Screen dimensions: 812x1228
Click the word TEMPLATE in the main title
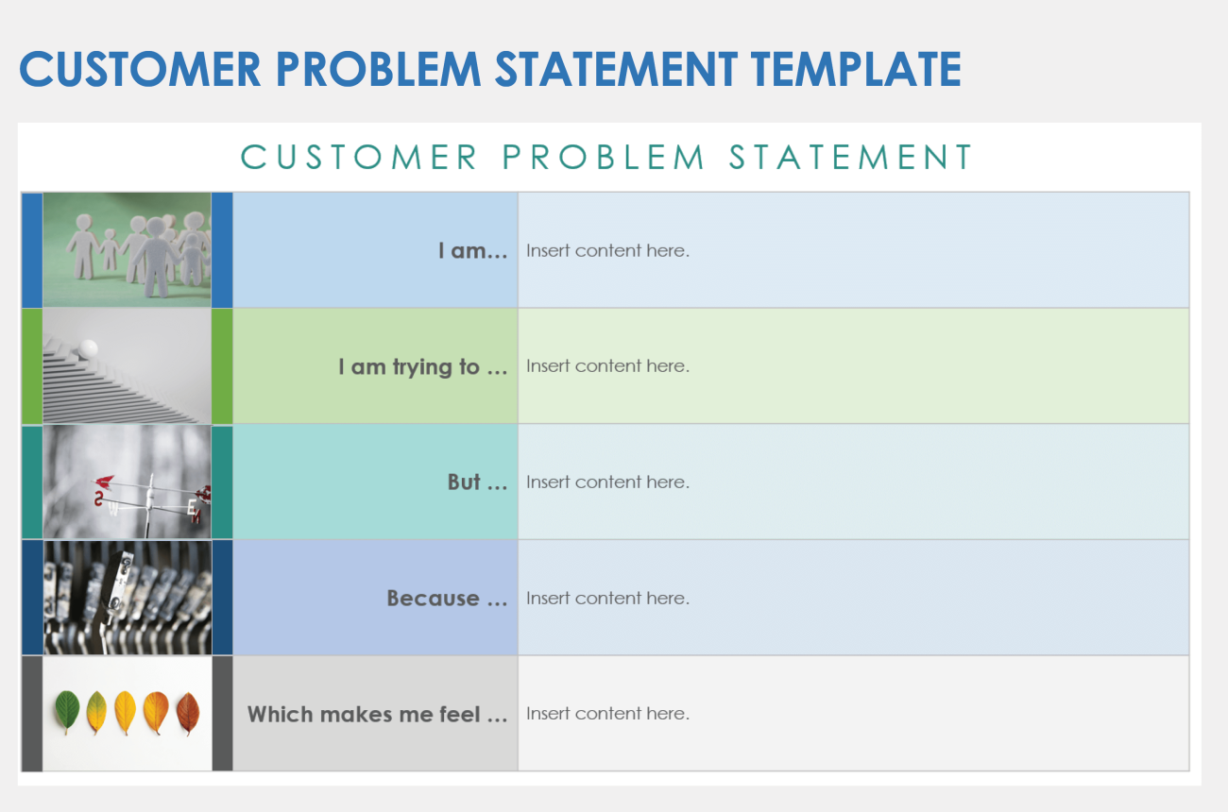click(x=856, y=70)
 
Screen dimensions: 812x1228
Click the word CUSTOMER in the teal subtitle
click(x=359, y=158)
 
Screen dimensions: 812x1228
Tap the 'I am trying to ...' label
click(x=422, y=366)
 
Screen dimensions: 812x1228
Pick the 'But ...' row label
click(x=477, y=482)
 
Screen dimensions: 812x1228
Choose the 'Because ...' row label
click(x=447, y=598)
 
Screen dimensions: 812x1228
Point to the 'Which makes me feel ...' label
click(x=377, y=714)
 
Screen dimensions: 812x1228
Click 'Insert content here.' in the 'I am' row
click(x=607, y=251)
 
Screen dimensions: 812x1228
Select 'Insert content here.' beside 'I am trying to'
click(x=607, y=366)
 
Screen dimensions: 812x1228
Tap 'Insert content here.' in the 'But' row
click(x=607, y=482)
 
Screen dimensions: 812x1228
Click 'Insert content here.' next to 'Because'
click(x=607, y=598)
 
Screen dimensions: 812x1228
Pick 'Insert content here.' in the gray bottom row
click(x=607, y=714)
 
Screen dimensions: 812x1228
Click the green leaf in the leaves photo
click(x=67, y=712)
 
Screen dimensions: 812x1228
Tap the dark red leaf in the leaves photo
click(x=188, y=713)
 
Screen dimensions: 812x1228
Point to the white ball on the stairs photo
click(x=88, y=348)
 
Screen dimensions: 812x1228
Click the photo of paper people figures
click(x=127, y=250)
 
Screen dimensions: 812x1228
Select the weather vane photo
click(x=127, y=482)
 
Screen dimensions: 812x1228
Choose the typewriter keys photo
click(x=127, y=598)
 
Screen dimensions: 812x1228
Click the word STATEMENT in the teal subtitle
click(x=850, y=158)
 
